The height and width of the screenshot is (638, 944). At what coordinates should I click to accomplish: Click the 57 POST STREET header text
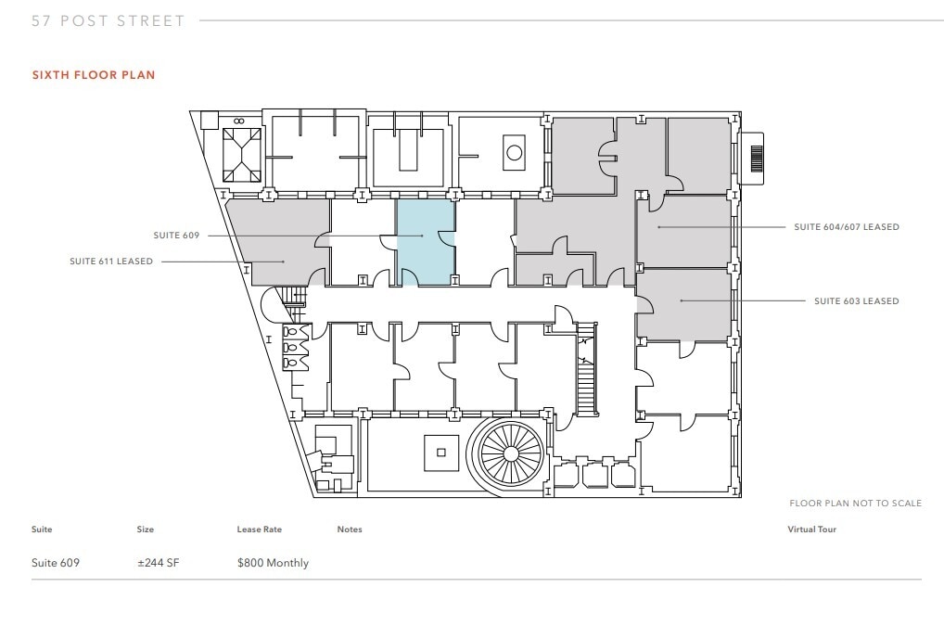[108, 20]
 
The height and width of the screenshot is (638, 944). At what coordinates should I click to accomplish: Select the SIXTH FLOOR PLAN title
[94, 75]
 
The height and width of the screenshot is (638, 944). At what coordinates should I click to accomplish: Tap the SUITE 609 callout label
[176, 236]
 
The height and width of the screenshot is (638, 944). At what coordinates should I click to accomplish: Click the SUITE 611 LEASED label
[111, 262]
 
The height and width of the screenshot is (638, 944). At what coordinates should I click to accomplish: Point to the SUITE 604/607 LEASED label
[847, 227]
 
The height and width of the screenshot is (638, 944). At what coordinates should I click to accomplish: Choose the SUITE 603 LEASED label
[856, 301]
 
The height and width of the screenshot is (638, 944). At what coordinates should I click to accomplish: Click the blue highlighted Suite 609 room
[426, 243]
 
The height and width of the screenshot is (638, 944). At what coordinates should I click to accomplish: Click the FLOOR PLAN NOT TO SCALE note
[855, 504]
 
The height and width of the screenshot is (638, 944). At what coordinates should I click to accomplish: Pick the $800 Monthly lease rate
[273, 563]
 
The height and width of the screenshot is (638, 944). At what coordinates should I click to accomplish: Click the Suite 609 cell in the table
[56, 563]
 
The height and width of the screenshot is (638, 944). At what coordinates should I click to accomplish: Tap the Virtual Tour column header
[811, 530]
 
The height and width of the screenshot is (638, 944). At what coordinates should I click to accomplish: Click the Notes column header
[350, 530]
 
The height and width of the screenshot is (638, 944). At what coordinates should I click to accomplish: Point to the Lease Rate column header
[259, 530]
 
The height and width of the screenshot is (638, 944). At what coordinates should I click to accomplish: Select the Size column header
[145, 530]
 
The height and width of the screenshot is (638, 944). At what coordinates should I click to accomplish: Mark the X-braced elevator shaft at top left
[243, 155]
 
